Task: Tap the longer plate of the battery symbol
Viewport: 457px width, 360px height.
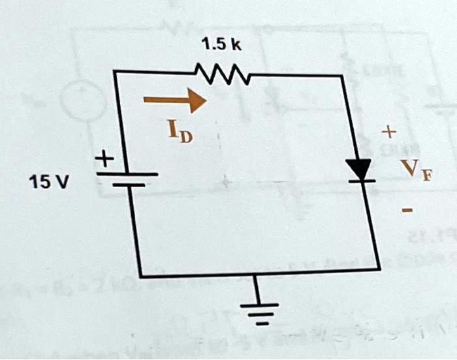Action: (x=128, y=174)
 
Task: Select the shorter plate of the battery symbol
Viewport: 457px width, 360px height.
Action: (x=128, y=185)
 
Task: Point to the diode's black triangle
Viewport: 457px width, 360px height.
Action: (x=358, y=169)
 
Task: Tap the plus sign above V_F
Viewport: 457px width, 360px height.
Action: (x=389, y=133)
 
